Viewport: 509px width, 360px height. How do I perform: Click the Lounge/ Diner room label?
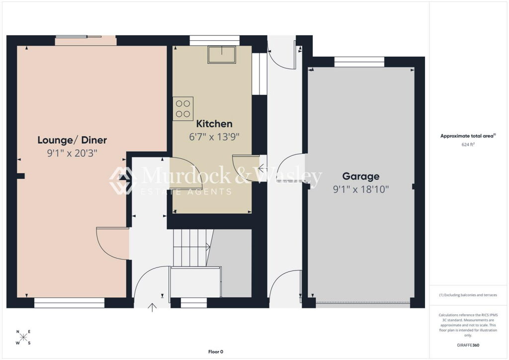pyautogui.click(x=72, y=140)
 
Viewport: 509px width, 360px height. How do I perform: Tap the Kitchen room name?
pyautogui.click(x=214, y=124)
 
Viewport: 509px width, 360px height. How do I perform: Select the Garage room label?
pyautogui.click(x=361, y=176)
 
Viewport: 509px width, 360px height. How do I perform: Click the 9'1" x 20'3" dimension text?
pyautogui.click(x=72, y=153)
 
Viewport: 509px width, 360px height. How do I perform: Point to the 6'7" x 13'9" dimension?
pyautogui.click(x=214, y=137)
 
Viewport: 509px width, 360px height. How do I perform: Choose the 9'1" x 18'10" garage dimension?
pyautogui.click(x=361, y=189)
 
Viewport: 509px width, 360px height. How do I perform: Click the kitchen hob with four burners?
pyautogui.click(x=183, y=109)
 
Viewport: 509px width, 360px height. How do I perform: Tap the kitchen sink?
pyautogui.click(x=222, y=55)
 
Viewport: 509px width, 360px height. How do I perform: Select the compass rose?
pyautogui.click(x=23, y=337)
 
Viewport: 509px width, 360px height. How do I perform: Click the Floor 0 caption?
pyautogui.click(x=216, y=352)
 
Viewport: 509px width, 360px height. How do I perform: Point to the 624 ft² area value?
pyautogui.click(x=468, y=145)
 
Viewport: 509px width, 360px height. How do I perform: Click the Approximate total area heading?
pyautogui.click(x=468, y=136)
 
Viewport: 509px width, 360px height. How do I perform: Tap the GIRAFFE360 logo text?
pyautogui.click(x=468, y=345)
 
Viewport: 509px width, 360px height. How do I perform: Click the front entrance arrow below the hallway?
pyautogui.click(x=152, y=307)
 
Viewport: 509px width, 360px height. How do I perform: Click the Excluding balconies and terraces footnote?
pyautogui.click(x=468, y=295)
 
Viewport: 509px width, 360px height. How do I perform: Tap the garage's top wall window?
pyautogui.click(x=359, y=62)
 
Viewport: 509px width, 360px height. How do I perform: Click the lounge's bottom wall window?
pyautogui.click(x=70, y=303)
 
